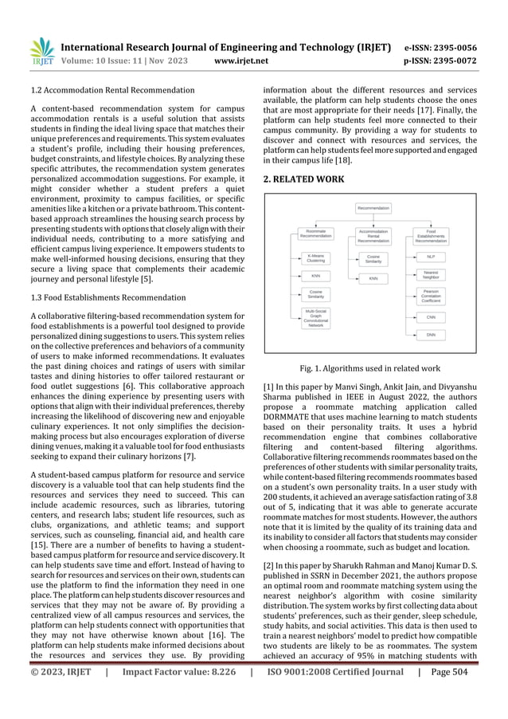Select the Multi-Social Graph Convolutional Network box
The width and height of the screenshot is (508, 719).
315,318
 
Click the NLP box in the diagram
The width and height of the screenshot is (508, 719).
431,257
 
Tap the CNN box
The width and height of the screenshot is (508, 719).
431,317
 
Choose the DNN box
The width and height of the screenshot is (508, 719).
431,335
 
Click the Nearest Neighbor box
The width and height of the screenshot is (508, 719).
431,275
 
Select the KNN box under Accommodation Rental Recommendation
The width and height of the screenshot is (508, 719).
373,278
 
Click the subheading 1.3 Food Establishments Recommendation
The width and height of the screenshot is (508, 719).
108,298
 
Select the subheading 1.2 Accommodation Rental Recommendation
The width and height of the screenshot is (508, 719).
107,90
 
